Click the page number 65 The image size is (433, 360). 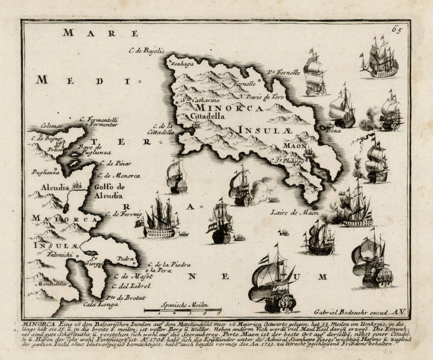point(396,29)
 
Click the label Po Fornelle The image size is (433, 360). point(284,73)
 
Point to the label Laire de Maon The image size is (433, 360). point(295,213)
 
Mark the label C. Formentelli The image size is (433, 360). point(99,120)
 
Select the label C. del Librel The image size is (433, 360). point(131,286)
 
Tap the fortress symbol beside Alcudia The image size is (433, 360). point(78,185)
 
